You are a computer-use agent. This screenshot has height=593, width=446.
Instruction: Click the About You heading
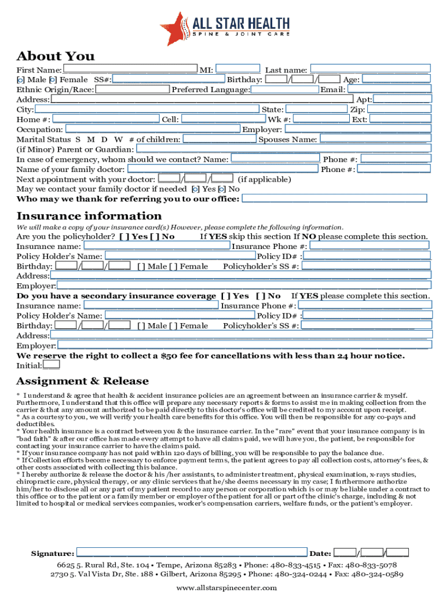click(x=56, y=56)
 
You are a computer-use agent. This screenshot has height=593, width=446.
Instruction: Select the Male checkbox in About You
click(x=20, y=80)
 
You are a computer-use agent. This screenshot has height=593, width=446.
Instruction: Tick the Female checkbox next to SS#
click(x=53, y=80)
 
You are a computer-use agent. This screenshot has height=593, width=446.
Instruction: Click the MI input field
click(x=238, y=69)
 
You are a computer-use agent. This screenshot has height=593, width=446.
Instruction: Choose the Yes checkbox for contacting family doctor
click(x=196, y=189)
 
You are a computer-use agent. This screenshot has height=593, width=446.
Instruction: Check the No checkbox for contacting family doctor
click(x=222, y=189)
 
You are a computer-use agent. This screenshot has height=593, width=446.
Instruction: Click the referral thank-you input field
click(x=334, y=199)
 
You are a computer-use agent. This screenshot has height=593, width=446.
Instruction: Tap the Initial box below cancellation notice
click(x=51, y=365)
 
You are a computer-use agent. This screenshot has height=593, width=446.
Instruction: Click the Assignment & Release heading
click(x=82, y=381)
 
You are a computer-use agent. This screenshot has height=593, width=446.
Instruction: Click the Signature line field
click(x=191, y=552)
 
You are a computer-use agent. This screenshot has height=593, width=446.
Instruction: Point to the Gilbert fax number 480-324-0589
click(x=377, y=574)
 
